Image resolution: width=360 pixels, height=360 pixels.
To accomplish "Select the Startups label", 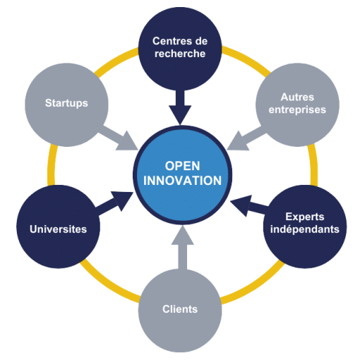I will coord(66,103).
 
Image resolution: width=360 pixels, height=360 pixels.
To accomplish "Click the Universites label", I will coord(58,229).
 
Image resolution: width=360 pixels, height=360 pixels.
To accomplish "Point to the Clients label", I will coord(179,309).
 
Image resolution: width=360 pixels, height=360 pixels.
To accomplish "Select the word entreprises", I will coord(293,110).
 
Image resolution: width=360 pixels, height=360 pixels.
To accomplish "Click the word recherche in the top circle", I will coord(180,53).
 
